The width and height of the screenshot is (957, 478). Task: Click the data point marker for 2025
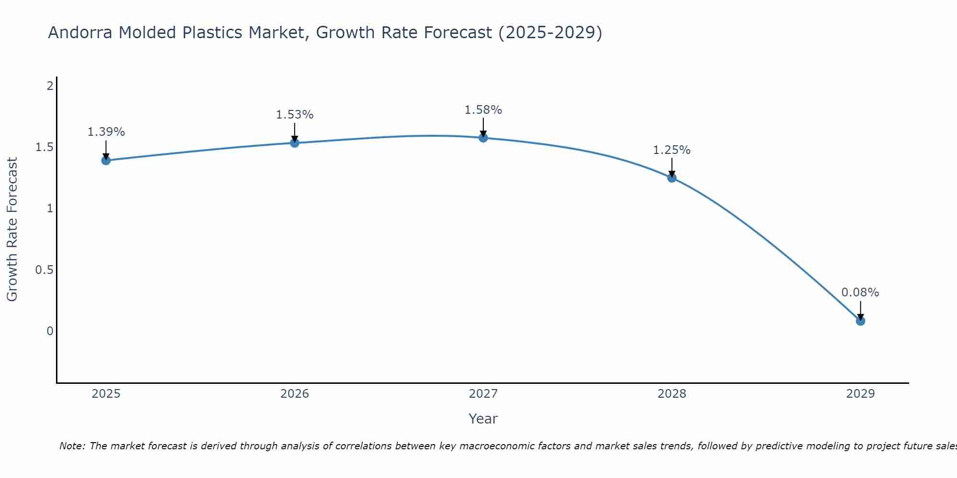106,160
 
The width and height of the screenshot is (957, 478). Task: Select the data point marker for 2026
295,143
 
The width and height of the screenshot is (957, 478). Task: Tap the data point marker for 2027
483,138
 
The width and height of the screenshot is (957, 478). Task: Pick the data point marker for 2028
672,178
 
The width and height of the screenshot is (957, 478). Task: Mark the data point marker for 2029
860,321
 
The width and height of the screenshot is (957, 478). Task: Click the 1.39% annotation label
106,132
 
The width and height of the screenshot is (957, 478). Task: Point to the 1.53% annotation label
295,115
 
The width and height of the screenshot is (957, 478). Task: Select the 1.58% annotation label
483,110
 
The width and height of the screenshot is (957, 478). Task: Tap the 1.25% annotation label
672,150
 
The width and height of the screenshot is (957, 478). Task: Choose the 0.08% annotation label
860,293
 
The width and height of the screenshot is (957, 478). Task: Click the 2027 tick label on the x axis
483,394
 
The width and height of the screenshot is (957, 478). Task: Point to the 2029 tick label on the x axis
860,394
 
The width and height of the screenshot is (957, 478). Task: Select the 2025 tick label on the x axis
106,394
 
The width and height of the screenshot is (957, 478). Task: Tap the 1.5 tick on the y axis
44,147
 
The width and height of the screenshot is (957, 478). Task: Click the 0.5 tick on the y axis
44,270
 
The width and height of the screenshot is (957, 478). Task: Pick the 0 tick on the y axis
50,331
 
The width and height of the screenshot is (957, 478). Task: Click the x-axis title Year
483,419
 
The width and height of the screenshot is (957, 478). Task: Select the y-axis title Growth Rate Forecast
12,229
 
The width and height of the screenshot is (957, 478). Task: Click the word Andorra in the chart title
81,33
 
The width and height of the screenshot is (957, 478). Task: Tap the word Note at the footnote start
72,446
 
